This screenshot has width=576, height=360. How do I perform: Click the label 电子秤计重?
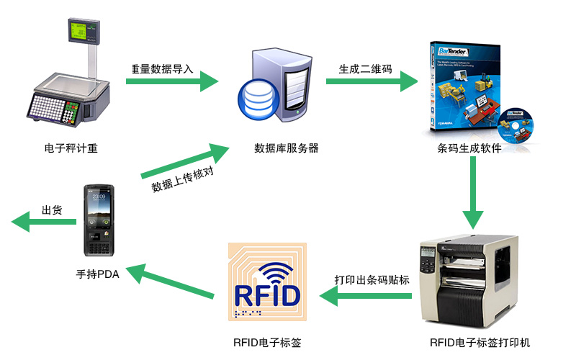pos(71,148)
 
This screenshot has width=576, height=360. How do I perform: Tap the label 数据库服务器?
pos(287,148)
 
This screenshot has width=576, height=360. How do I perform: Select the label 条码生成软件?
pos(469,148)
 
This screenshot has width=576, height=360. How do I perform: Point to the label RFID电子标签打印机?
pos(480,343)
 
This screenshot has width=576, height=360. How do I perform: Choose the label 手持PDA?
pos(98,274)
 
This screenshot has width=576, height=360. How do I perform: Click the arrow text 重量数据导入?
pos(163,69)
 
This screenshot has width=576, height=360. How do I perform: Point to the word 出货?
pos(52,210)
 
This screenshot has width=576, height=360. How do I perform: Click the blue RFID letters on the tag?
pos(267,295)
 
